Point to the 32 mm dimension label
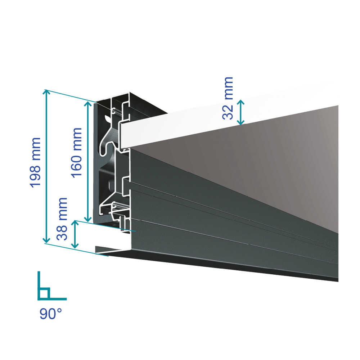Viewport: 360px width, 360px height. coord(228,98)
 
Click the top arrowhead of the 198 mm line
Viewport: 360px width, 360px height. coord(46,91)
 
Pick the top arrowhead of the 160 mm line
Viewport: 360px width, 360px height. coord(88,103)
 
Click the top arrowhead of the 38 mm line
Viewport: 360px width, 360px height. coord(75,224)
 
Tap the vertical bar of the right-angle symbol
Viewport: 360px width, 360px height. coord(39,284)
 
